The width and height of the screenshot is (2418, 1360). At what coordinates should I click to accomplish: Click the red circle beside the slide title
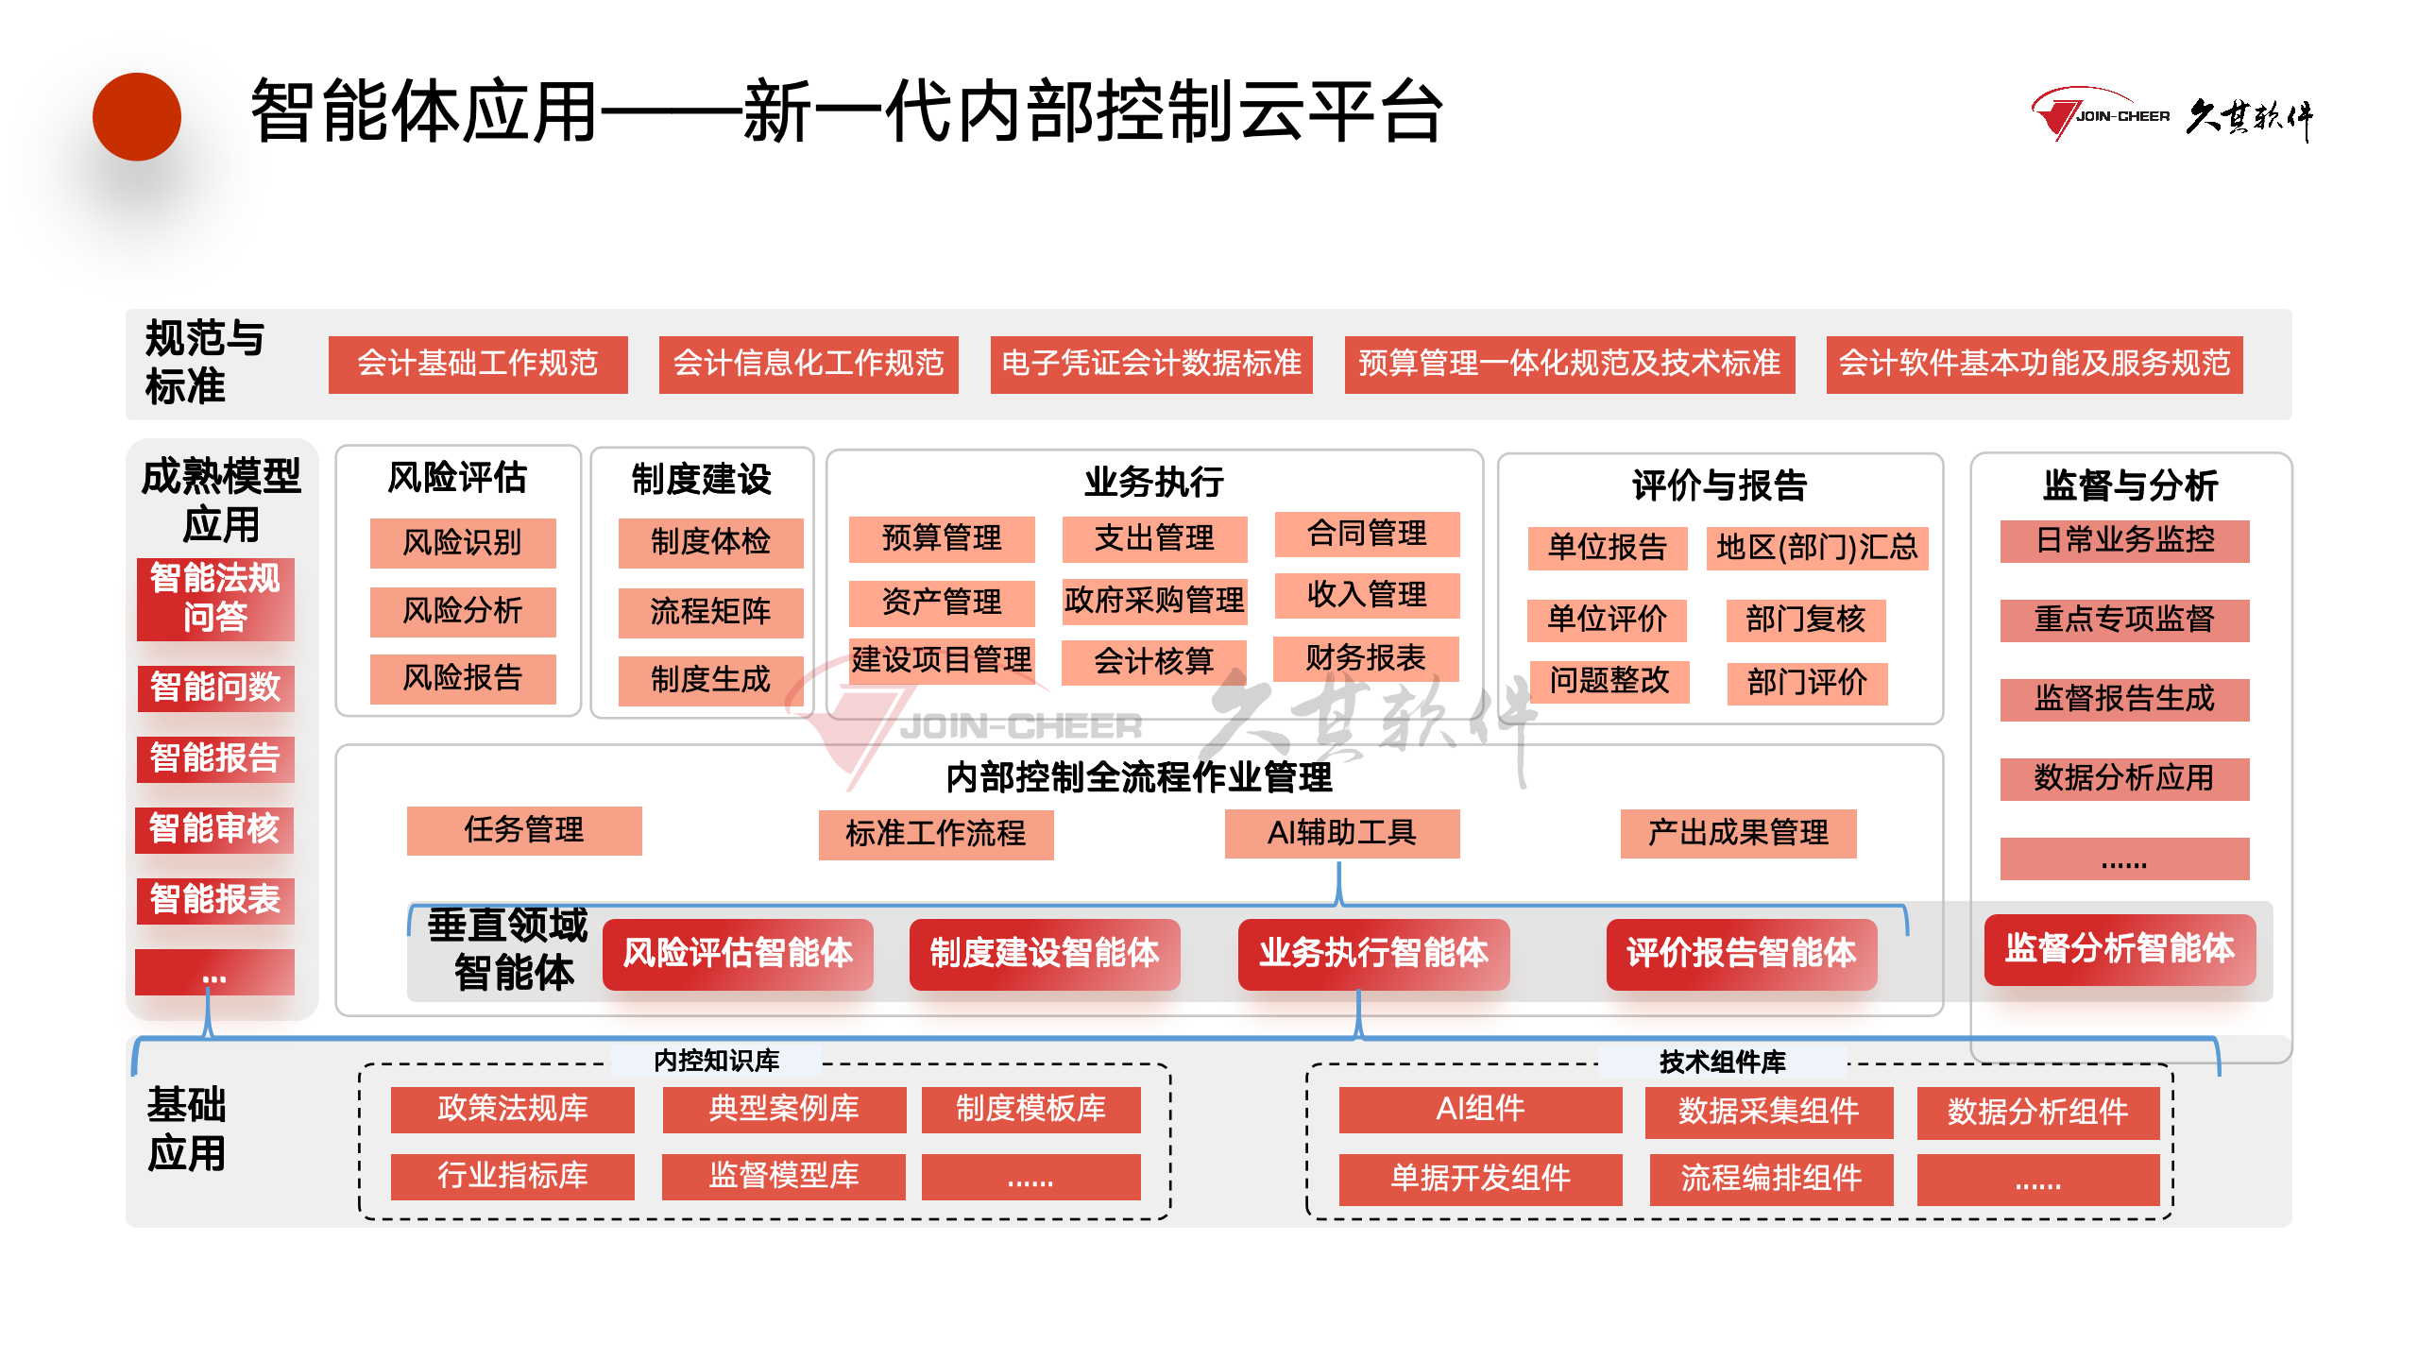tap(137, 117)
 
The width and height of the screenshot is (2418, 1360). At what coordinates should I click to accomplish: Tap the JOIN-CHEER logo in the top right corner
tap(2171, 116)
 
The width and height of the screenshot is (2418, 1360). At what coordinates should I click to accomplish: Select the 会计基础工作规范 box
tap(478, 364)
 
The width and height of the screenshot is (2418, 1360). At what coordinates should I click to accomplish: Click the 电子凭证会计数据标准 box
tap(1150, 364)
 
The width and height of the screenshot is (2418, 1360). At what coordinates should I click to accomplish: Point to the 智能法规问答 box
tap(215, 599)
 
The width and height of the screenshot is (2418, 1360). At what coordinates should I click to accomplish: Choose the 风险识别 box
tap(462, 543)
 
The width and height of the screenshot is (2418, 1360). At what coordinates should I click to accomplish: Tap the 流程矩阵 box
tap(710, 612)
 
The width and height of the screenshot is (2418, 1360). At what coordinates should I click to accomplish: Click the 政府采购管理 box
tap(1154, 601)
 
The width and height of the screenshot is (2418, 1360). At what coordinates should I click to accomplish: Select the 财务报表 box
tap(1366, 658)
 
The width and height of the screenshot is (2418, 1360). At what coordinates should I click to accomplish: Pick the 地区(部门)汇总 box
tap(1816, 548)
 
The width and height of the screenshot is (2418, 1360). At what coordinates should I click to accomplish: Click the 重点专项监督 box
tap(2124, 620)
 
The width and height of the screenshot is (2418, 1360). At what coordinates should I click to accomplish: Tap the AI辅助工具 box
tap(1341, 833)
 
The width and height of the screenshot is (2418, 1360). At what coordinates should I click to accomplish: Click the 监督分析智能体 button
tap(2120, 949)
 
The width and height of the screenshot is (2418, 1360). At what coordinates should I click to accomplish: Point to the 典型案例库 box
tap(784, 1109)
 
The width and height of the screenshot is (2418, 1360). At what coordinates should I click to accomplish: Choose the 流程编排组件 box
tap(1771, 1179)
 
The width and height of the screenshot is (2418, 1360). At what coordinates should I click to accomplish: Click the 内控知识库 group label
tap(716, 1061)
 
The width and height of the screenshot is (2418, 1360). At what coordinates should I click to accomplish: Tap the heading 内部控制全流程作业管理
tap(1139, 777)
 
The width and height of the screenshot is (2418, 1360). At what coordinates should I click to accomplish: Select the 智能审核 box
tap(214, 829)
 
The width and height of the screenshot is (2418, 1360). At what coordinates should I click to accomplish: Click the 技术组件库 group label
tap(1722, 1062)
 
